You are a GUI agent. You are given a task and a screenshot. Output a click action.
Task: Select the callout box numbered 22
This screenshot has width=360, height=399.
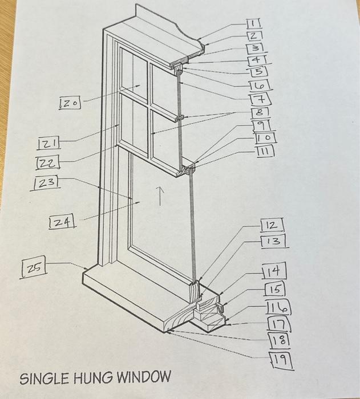(48, 163)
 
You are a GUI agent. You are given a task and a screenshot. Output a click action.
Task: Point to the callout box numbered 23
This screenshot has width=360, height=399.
(47, 183)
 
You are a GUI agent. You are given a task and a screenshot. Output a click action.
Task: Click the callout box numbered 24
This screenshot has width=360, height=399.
(63, 222)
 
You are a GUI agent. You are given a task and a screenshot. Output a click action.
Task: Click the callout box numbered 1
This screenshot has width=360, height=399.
(253, 23)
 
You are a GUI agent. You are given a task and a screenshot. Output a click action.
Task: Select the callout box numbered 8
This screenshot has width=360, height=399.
(261, 113)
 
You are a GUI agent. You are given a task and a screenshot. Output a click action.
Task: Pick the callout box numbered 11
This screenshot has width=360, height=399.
(265, 150)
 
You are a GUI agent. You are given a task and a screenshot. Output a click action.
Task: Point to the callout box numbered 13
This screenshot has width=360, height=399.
(273, 241)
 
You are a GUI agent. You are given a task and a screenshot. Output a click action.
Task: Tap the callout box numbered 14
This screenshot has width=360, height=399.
(274, 271)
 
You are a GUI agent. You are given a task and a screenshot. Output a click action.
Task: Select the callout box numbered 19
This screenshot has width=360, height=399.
(282, 359)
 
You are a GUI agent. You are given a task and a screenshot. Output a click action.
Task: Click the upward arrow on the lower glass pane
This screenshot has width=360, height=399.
(161, 197)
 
